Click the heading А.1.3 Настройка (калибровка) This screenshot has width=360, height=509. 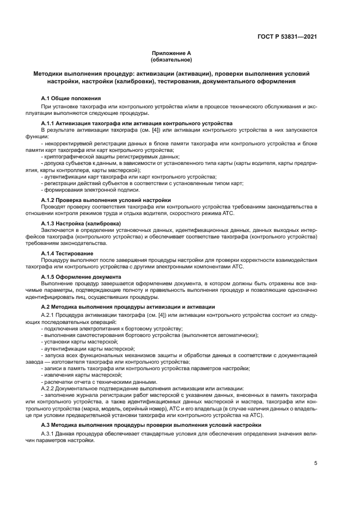tap(81, 224)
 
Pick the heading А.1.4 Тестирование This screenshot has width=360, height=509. tap(67, 253)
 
